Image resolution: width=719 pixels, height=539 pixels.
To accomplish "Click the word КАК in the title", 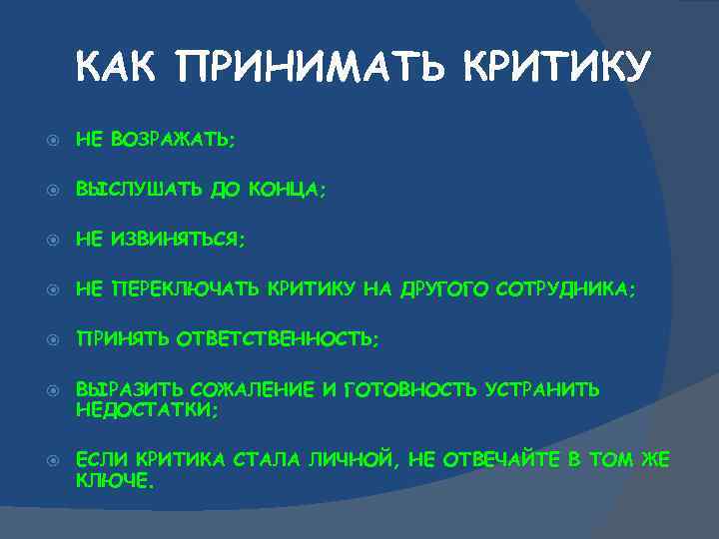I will (118, 68).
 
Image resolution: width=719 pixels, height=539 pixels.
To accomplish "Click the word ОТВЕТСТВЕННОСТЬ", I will (278, 338).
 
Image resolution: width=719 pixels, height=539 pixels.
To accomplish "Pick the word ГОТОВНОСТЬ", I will (409, 389).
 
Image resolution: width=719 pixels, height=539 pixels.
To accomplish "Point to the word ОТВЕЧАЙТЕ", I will (515, 459).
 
